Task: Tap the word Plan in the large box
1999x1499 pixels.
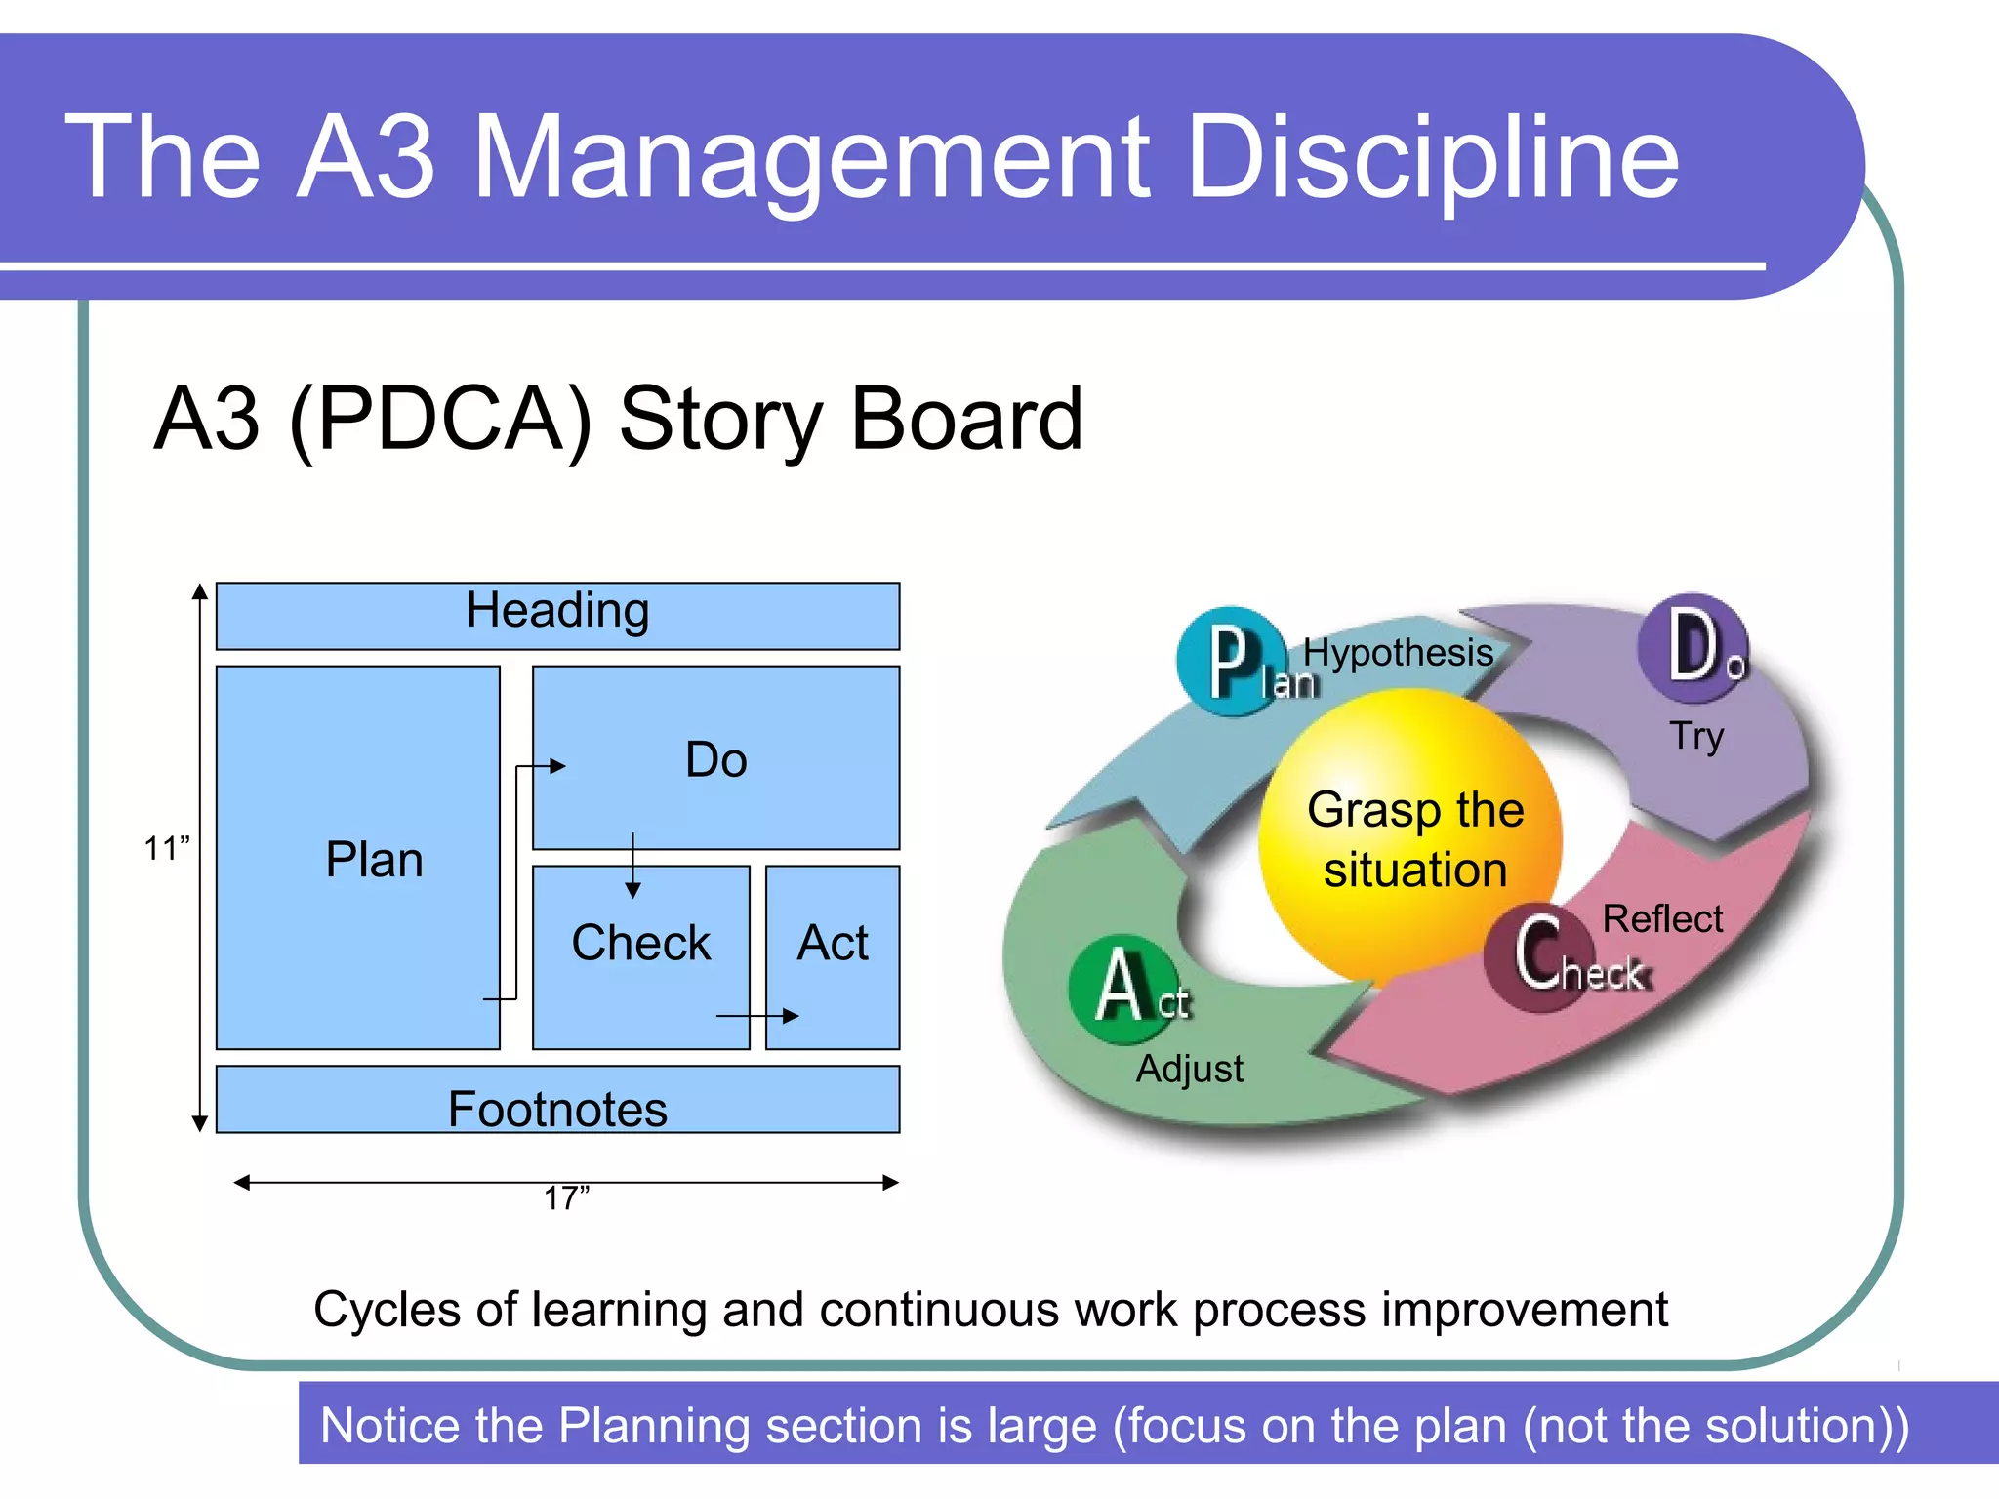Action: point(374,861)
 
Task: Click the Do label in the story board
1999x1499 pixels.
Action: point(716,760)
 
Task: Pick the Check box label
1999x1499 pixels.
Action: point(640,944)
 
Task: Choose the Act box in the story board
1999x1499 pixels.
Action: point(833,944)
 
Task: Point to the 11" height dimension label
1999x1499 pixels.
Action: point(166,849)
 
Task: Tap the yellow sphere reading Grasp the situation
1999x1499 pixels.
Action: point(1413,839)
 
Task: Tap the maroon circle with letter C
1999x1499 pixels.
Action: point(1538,956)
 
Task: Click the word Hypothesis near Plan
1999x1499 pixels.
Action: point(1398,653)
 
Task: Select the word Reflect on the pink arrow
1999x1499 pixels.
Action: point(1662,919)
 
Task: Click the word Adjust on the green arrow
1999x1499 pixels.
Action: point(1189,1070)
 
